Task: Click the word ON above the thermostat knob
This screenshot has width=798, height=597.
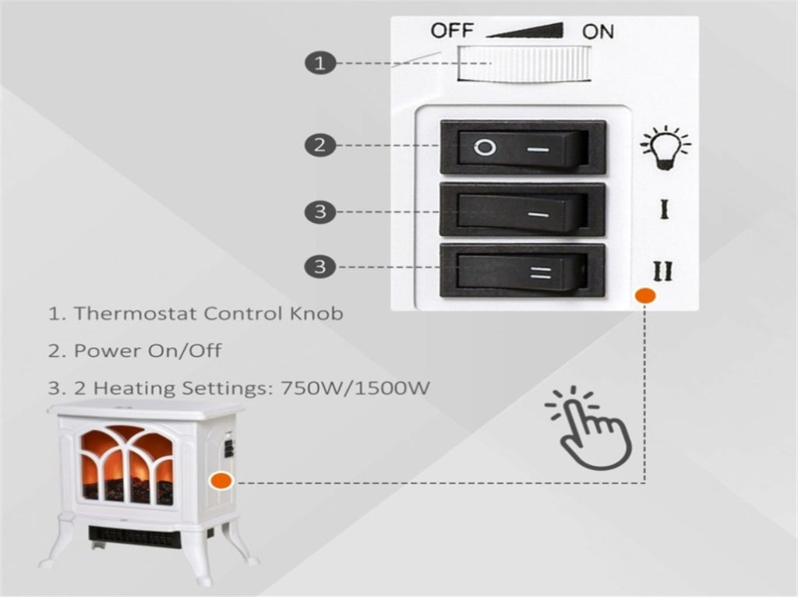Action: click(x=598, y=31)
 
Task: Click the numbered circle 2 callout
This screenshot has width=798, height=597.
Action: click(x=320, y=145)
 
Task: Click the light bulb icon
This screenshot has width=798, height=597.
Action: click(x=664, y=147)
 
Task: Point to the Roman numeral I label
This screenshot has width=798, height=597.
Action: click(x=665, y=210)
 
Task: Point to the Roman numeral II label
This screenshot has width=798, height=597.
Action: click(x=665, y=270)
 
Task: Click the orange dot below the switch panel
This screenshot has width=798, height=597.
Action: click(x=644, y=296)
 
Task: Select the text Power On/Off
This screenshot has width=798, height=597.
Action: click(x=147, y=350)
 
